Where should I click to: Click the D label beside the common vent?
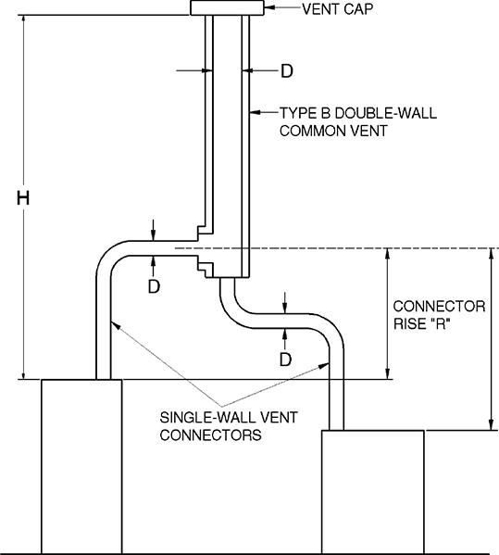pyautogui.click(x=287, y=70)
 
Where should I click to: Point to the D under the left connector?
pyautogui.click(x=155, y=286)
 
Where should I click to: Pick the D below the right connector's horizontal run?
pyautogui.click(x=286, y=357)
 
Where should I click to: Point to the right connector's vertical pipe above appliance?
pyautogui.click(x=336, y=389)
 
